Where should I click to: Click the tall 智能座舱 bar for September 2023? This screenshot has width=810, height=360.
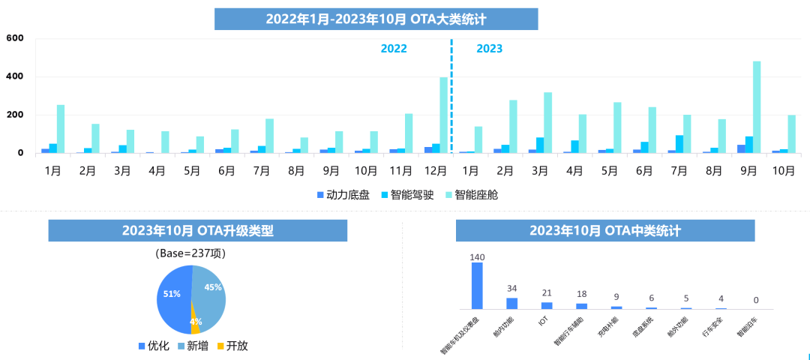click(757, 107)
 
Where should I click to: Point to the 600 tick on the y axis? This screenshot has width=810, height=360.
click(15, 38)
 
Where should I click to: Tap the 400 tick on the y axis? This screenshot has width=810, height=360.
click(15, 76)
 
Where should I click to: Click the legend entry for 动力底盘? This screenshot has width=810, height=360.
click(343, 195)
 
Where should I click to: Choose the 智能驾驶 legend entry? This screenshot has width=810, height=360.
click(410, 195)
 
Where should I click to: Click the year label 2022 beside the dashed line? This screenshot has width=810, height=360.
click(394, 49)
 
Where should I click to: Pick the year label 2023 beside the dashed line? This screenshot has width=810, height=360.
click(490, 49)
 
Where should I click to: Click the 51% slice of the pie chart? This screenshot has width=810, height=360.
click(173, 295)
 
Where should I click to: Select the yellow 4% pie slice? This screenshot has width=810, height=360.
click(195, 323)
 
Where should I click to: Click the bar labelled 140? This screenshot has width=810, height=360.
click(477, 286)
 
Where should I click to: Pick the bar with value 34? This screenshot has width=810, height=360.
click(512, 303)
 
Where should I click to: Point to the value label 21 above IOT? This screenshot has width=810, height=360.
click(547, 292)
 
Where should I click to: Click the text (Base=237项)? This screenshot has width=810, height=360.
click(190, 253)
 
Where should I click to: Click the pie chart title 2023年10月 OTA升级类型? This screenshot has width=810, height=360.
click(198, 231)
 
